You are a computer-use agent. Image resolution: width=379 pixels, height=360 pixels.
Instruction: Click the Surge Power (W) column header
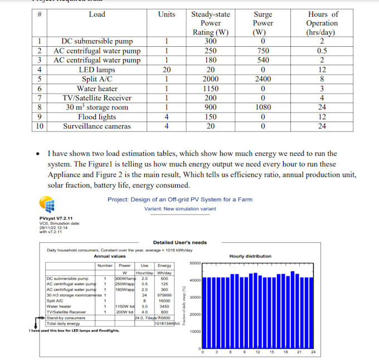263,23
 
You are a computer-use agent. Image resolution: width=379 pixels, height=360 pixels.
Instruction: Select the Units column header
166,14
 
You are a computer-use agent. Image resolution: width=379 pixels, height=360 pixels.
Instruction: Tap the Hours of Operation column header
322,23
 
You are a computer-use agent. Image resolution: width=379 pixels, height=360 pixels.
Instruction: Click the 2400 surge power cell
263,79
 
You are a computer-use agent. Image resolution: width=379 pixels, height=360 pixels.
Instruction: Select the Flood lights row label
97,117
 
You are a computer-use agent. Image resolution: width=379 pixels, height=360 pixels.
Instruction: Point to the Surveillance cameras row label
97,127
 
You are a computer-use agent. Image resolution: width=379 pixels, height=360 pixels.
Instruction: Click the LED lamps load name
97,70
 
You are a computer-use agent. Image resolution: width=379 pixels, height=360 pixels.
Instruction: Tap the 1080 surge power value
263,108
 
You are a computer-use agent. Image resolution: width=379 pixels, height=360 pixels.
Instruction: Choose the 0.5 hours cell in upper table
322,51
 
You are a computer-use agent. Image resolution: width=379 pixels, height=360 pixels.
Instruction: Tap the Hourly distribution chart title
250,256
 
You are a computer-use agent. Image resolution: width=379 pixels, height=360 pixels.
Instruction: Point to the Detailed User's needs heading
180,242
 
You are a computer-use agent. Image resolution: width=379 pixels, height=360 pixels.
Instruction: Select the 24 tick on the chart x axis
313,353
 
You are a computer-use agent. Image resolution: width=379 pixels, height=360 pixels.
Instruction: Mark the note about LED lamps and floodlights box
74,330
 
